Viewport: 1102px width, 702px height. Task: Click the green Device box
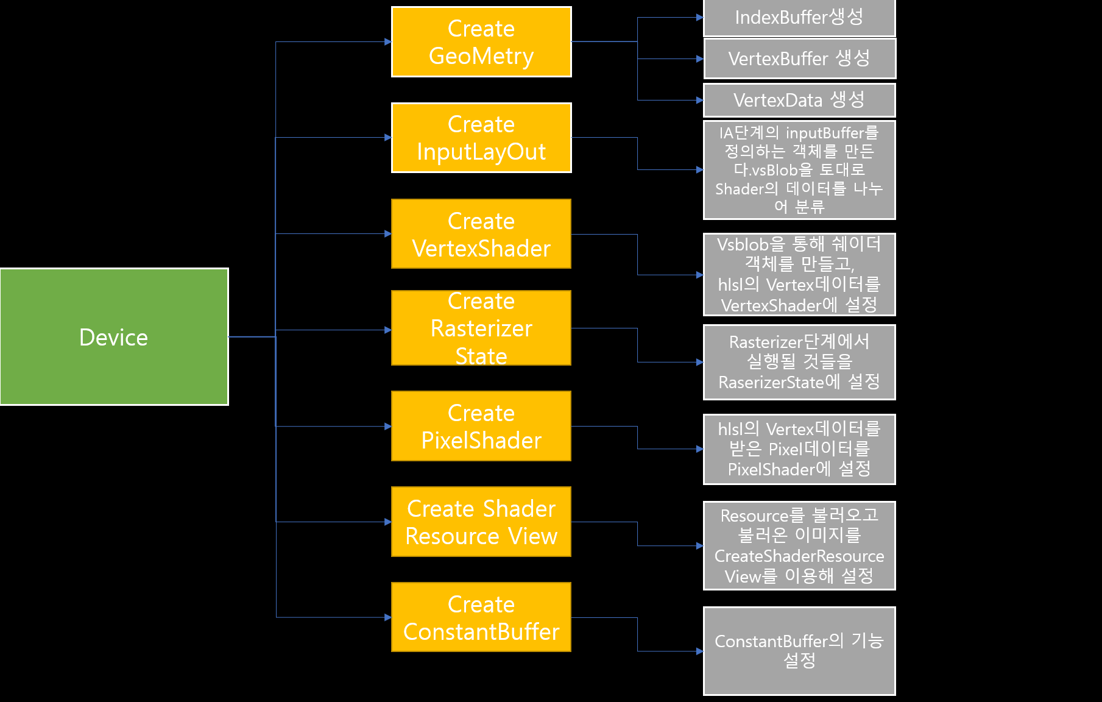pos(115,336)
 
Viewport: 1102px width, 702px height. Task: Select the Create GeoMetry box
pos(481,42)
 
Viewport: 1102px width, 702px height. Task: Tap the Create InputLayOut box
pos(481,138)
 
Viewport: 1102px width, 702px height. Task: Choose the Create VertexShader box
pos(481,234)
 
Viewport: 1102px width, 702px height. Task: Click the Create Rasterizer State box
pos(481,328)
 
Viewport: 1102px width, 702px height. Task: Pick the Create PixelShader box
pos(481,426)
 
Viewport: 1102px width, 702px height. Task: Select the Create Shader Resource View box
pos(481,522)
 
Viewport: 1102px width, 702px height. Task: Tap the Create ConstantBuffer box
pos(481,617)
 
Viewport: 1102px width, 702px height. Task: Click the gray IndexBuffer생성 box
pos(799,18)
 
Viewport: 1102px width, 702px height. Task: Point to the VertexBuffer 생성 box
pos(799,58)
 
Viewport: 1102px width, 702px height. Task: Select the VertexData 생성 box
pos(799,100)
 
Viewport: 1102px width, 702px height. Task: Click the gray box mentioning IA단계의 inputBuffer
pos(799,170)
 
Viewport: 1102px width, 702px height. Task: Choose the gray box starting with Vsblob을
pos(799,274)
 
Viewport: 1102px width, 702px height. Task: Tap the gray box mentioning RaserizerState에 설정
pos(799,362)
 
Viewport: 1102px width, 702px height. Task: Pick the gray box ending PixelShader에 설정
pos(799,449)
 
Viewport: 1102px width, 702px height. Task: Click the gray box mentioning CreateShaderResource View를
pos(799,545)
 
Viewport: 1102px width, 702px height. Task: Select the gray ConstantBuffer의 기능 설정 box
pos(799,651)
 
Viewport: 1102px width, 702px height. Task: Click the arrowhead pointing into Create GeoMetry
pos(388,42)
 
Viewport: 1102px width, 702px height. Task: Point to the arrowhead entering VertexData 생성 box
pos(700,100)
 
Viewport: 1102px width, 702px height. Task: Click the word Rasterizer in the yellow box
pos(481,328)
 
